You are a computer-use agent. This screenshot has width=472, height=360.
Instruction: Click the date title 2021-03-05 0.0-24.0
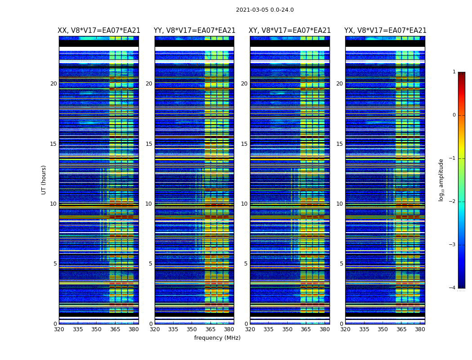point(265,10)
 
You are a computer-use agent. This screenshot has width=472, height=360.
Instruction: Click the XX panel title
point(99,31)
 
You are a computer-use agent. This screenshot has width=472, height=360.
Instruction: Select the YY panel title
point(194,31)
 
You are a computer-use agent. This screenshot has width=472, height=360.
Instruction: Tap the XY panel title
point(290,31)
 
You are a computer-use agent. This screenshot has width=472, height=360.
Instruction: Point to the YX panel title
point(385,31)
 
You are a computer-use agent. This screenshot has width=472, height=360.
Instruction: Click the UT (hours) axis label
point(44,180)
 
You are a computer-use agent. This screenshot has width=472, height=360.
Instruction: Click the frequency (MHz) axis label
point(217,338)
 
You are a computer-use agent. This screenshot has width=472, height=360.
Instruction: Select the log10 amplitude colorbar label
point(441,180)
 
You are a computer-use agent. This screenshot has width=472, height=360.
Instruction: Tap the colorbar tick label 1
point(454,72)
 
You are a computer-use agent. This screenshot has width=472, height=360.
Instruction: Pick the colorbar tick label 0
point(454,115)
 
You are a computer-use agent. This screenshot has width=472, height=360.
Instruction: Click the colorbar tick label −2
point(453,202)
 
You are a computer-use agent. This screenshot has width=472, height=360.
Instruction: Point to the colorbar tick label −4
point(453,288)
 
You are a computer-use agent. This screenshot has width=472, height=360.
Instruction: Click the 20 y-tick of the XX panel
point(53,84)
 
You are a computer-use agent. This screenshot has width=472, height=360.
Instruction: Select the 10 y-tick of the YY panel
point(149,204)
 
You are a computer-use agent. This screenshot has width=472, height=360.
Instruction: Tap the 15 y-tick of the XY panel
point(244,144)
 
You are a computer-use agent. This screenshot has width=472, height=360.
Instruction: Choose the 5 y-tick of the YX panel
point(342,264)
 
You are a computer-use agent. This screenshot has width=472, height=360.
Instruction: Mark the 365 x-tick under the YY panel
point(210,329)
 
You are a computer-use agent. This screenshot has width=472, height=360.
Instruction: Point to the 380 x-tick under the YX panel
point(420,329)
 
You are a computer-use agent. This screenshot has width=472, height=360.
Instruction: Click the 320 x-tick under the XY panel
point(250,329)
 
